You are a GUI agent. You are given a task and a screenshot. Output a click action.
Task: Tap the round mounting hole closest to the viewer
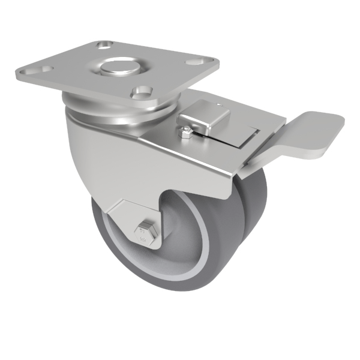142,92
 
